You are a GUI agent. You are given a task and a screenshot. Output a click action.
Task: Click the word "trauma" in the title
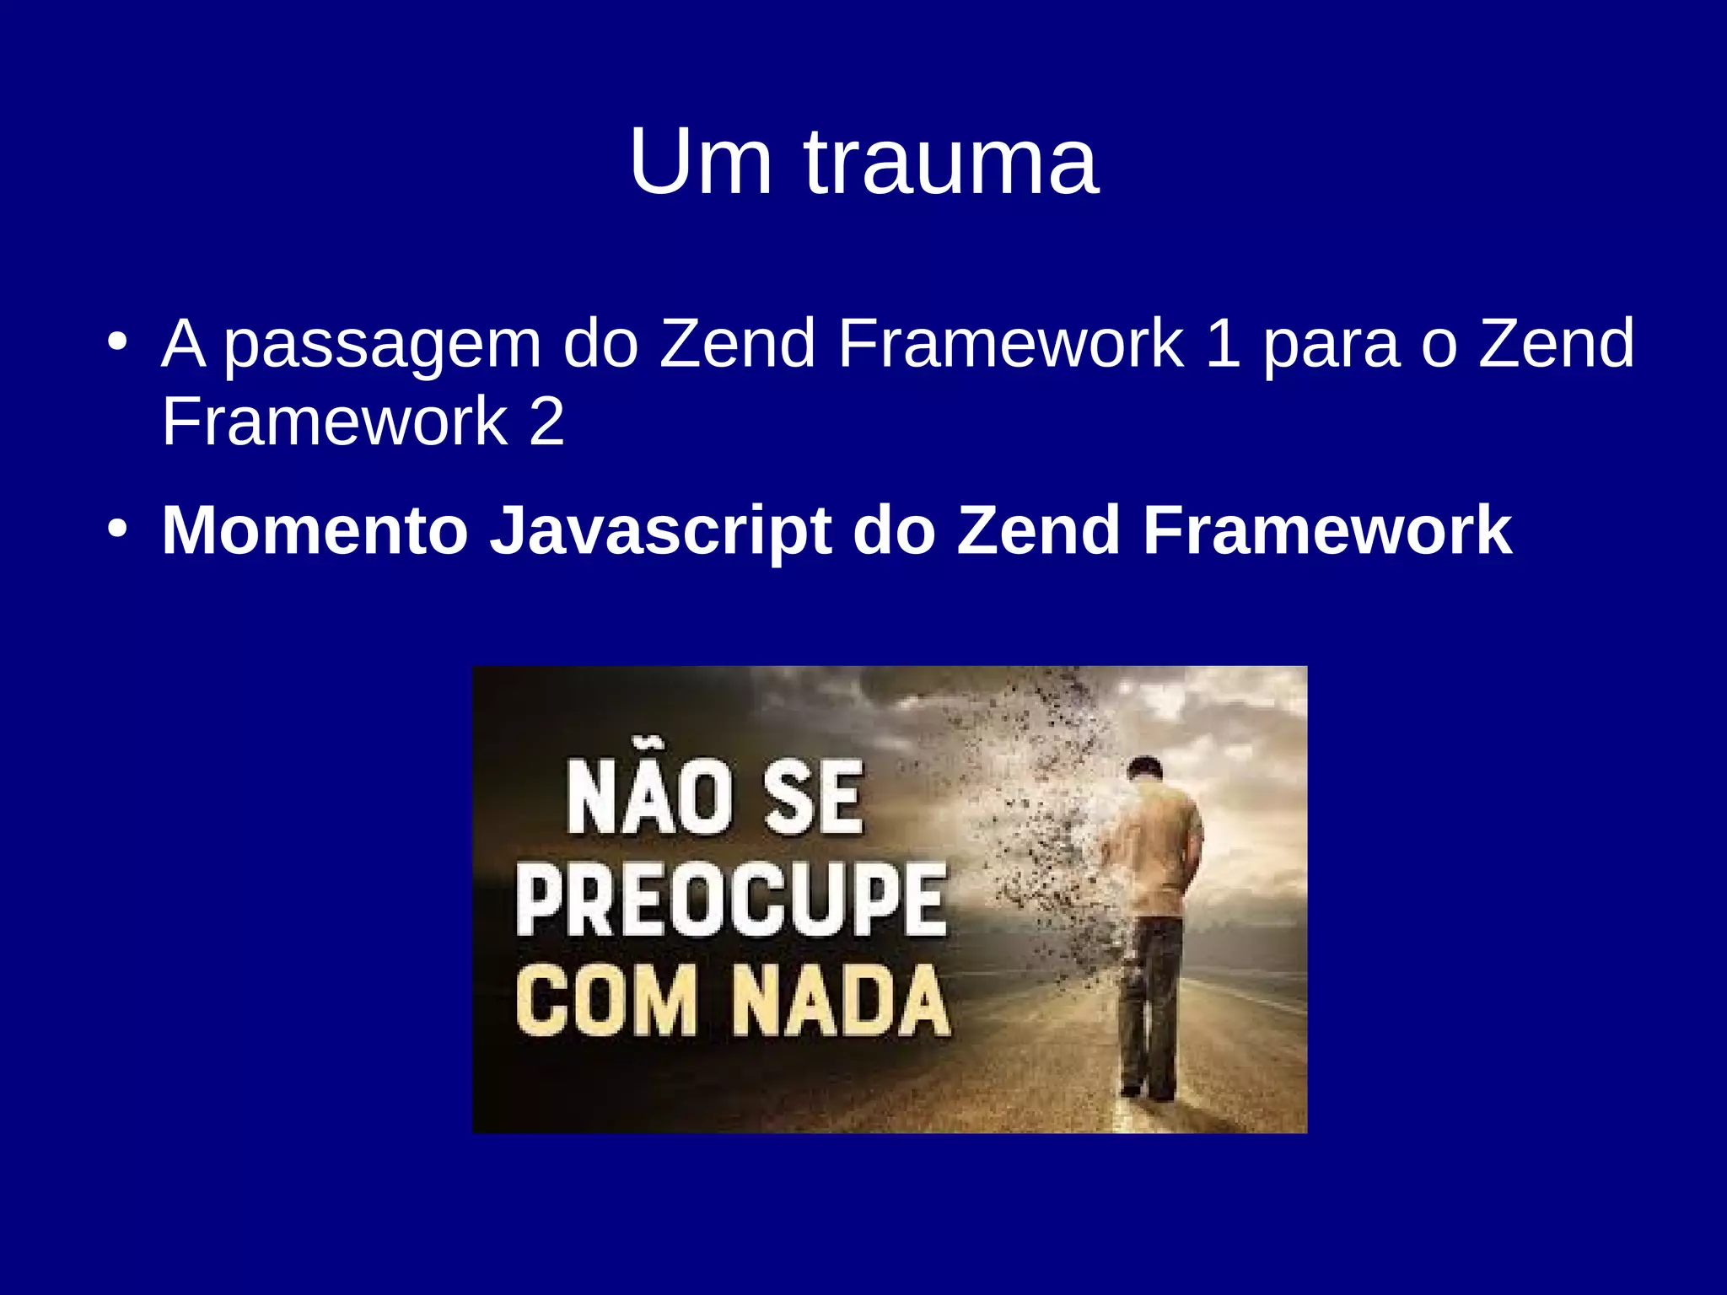(x=951, y=162)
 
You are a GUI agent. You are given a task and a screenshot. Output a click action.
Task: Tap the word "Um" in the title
(x=700, y=162)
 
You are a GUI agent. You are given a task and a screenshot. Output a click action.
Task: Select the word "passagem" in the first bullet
(x=382, y=345)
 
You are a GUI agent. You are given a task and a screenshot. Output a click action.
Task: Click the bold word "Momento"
(x=315, y=530)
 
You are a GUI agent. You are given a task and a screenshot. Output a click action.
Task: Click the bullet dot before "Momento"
(x=118, y=530)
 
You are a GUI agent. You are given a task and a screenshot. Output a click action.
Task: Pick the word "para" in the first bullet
(x=1332, y=345)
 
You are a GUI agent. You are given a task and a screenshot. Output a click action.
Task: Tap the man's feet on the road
(x=1149, y=1091)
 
